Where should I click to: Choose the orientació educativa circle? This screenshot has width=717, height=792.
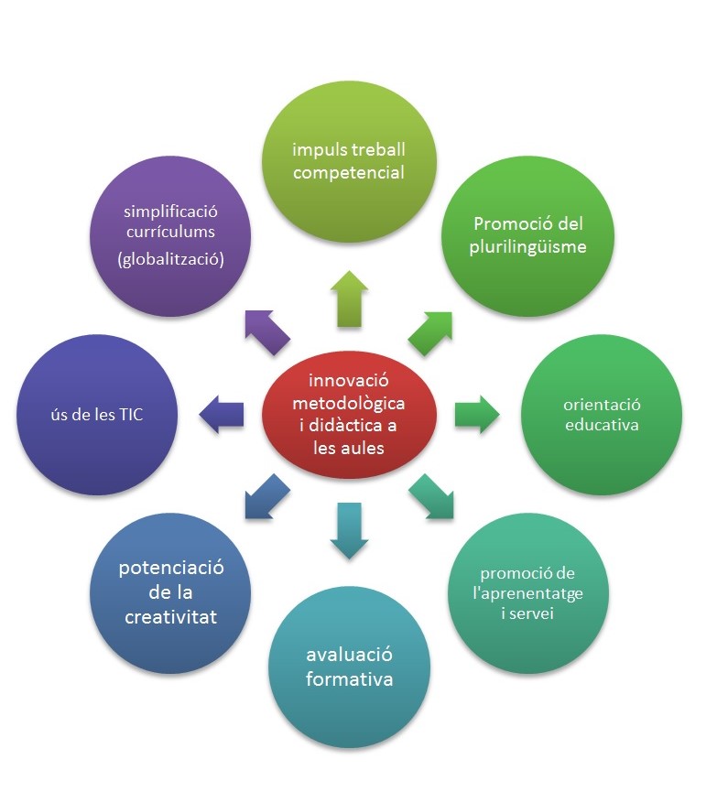(602, 415)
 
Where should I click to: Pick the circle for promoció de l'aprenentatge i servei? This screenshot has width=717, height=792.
(528, 593)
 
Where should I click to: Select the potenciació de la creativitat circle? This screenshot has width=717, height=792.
(171, 593)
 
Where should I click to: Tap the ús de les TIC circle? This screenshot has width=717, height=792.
(97, 415)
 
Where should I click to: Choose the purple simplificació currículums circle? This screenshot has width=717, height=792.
(171, 236)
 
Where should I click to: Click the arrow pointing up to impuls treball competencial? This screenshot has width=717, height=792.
(350, 298)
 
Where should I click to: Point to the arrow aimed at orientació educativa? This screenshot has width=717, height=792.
(474, 414)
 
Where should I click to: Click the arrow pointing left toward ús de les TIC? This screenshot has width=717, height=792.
(223, 414)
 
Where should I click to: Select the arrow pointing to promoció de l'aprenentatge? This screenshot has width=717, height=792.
(431, 497)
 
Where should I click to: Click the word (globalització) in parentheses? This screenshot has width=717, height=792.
(171, 259)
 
